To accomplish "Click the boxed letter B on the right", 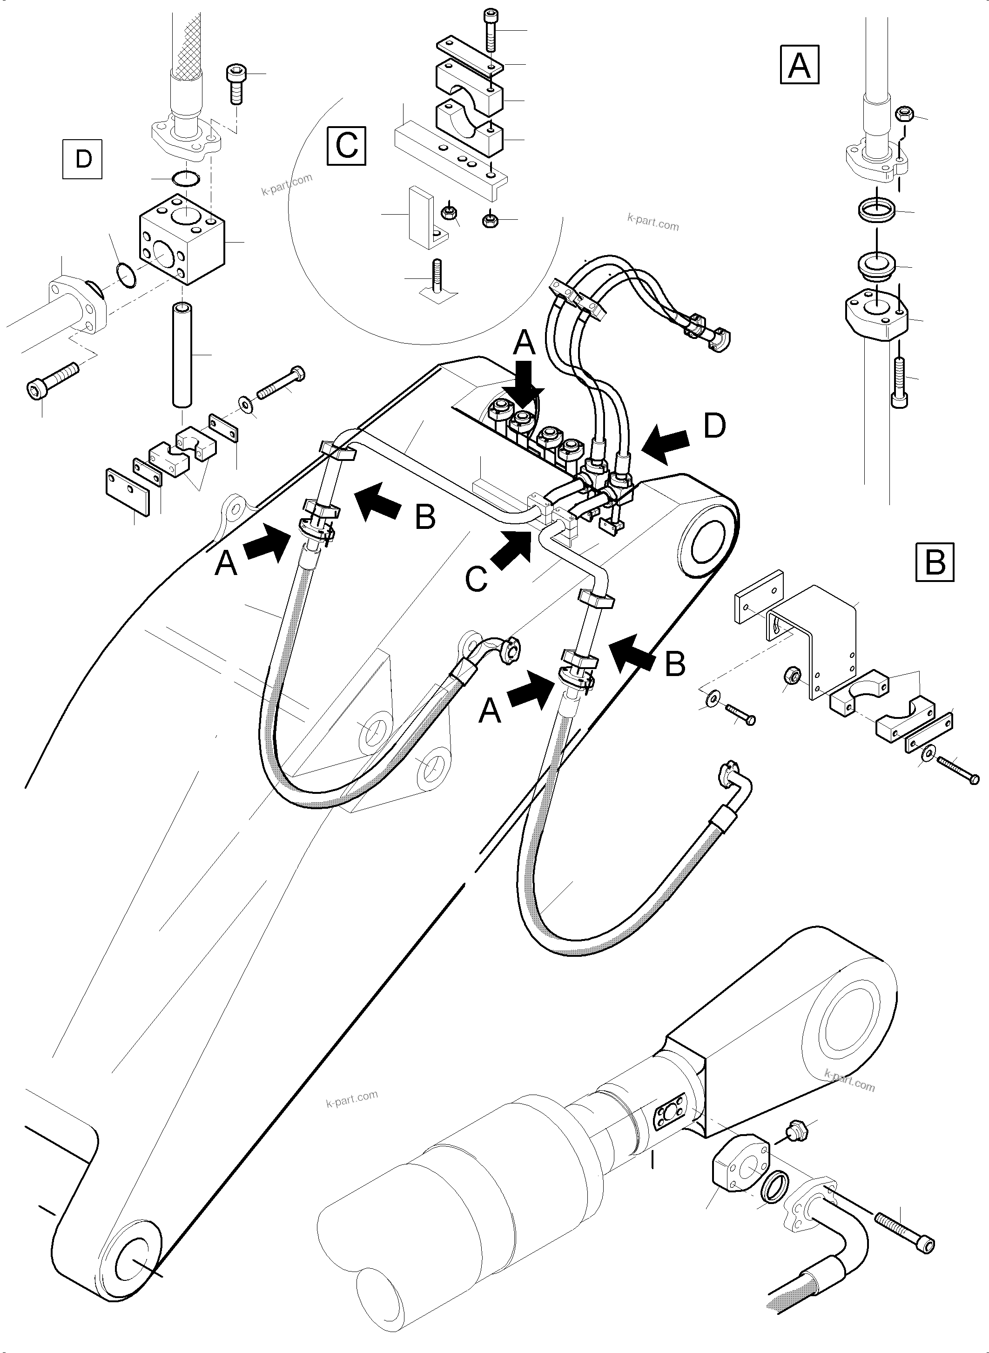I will click(935, 563).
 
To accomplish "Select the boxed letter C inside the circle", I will click(347, 146).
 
